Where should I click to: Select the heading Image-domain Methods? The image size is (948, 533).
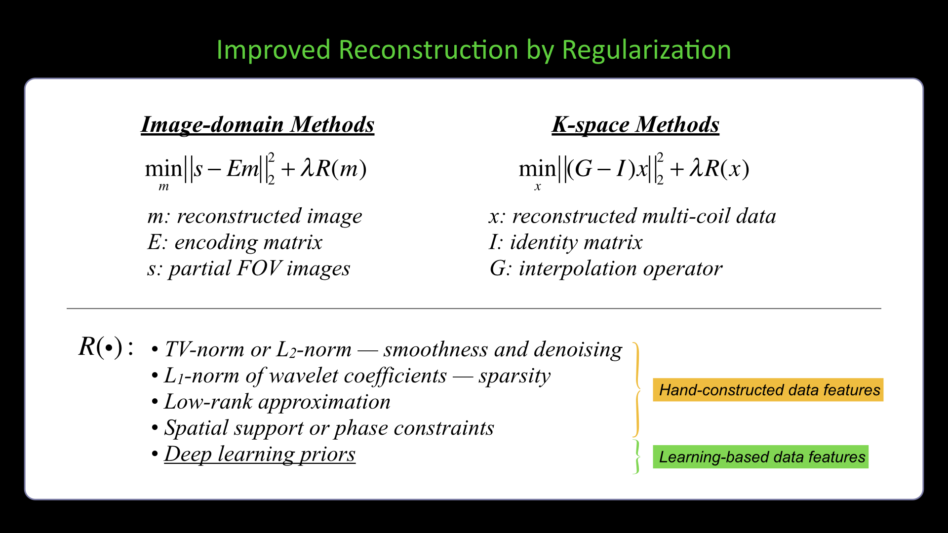point(257,124)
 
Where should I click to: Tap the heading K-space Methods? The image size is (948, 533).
point(635,124)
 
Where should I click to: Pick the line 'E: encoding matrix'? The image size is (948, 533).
point(235,242)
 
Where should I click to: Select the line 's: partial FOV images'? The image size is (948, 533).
point(248,268)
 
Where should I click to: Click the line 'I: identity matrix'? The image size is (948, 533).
point(565,242)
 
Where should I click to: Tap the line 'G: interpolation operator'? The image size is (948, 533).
point(606,268)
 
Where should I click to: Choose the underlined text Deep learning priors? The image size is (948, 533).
point(260,454)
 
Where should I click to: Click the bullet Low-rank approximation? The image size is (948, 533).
point(277,402)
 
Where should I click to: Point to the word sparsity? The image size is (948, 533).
point(514,376)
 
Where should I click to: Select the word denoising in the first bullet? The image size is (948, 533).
point(578,349)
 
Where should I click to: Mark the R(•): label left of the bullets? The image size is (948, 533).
point(106,347)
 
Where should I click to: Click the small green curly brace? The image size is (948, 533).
point(636,457)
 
